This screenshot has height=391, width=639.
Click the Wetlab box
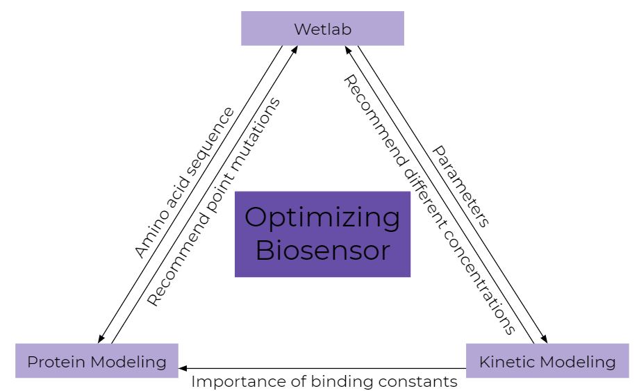322,28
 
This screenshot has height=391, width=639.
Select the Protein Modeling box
97,361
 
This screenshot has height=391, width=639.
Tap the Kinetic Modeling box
547,361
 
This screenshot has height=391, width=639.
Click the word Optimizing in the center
322,217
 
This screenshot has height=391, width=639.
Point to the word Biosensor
322,251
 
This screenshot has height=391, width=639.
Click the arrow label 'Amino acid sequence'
184,183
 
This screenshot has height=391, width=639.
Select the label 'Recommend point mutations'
214,201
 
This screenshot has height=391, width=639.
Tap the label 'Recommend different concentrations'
429,205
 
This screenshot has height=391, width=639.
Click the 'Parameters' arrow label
461,186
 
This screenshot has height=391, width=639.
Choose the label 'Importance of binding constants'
324,381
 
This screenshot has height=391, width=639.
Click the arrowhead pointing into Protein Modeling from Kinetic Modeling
183,368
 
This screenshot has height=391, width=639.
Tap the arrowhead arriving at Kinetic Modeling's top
544,339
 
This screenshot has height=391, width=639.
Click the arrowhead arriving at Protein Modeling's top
101,339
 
